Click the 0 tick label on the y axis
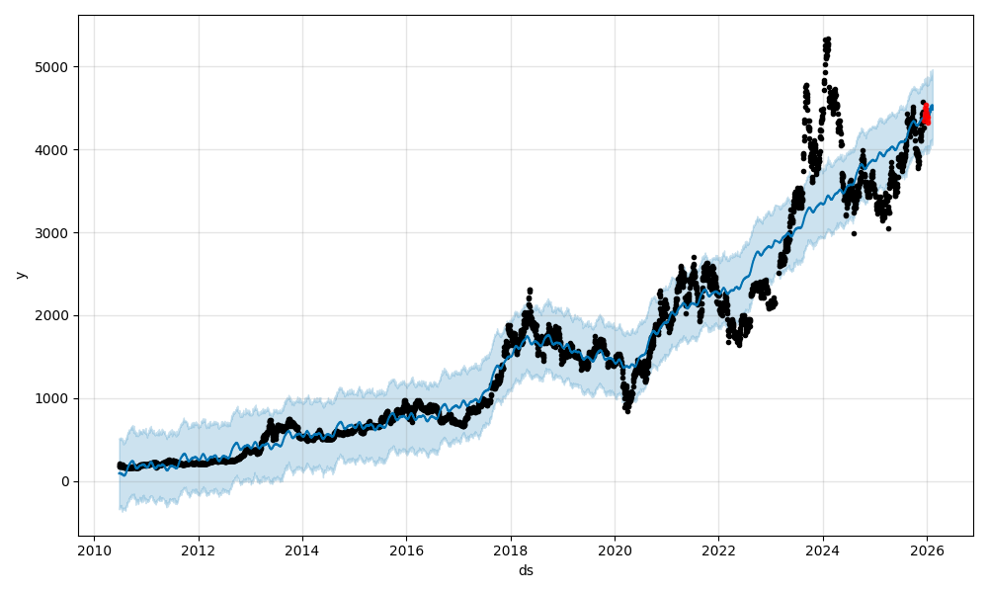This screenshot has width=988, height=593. point(65,481)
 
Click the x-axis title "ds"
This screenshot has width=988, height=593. point(526,570)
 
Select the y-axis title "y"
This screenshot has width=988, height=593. point(20,275)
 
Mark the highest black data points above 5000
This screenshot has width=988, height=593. point(826,42)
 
